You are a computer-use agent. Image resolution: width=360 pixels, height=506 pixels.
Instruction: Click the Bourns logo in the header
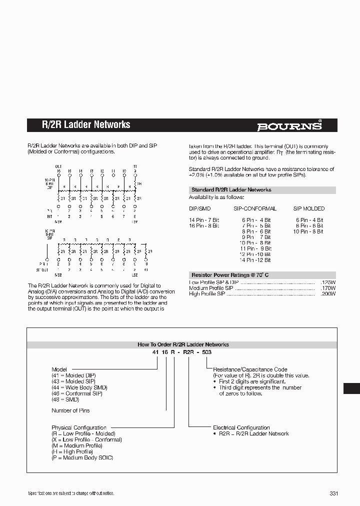[x=289, y=126]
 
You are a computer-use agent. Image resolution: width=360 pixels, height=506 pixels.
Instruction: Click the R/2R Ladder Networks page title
[x=85, y=124]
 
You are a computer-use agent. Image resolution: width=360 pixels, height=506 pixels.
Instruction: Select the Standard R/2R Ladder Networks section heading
[x=231, y=190]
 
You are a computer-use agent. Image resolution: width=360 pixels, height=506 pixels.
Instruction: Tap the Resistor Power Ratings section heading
[x=230, y=275]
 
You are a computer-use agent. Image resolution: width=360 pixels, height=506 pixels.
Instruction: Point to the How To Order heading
[x=183, y=344]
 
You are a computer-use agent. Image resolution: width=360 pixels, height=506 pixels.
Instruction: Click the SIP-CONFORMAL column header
[x=254, y=208]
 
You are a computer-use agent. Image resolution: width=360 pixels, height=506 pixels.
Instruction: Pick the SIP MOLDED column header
[x=308, y=208]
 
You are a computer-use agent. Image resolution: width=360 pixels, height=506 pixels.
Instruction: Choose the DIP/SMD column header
[x=201, y=208]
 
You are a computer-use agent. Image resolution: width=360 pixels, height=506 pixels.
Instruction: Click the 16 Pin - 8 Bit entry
[x=204, y=226]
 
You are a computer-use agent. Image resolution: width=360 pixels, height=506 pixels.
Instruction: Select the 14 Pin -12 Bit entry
[x=255, y=260]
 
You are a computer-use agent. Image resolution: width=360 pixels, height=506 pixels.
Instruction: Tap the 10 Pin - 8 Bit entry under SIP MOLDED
[x=308, y=231]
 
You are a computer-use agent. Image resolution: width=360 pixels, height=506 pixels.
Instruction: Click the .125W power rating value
[x=328, y=282]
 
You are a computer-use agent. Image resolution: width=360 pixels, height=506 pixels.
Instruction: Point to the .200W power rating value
[x=328, y=294]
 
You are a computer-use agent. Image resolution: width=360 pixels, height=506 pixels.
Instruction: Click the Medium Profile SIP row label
[x=211, y=288]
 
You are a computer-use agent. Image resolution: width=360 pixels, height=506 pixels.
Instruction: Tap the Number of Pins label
[x=70, y=410]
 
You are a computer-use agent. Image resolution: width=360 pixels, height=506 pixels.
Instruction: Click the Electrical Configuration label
[x=241, y=427]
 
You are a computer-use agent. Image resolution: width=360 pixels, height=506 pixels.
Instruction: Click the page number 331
[x=334, y=493]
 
